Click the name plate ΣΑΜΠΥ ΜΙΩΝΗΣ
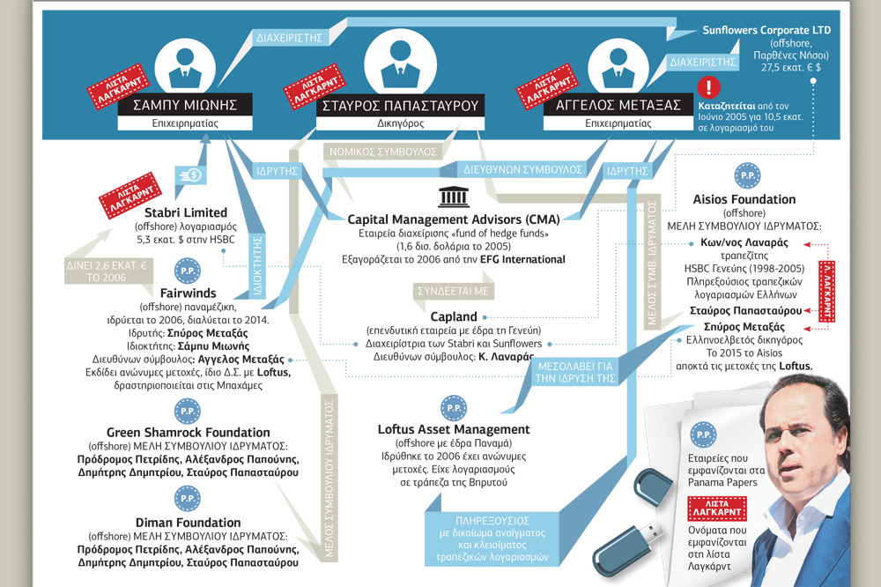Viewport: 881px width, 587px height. tap(185, 105)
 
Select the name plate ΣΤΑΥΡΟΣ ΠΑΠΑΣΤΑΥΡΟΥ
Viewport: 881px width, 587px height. tap(400, 106)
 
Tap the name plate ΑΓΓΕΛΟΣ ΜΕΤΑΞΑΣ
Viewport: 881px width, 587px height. tap(618, 105)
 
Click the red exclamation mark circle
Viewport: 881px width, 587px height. tap(708, 87)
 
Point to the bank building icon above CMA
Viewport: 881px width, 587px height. tap(454, 197)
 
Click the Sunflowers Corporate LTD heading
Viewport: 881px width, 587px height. tap(766, 30)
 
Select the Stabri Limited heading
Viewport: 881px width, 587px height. tap(186, 212)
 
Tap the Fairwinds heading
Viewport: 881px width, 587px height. tap(189, 293)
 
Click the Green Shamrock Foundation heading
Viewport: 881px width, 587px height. tap(189, 433)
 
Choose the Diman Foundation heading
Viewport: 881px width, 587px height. tap(189, 523)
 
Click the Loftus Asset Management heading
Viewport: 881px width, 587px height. tap(454, 429)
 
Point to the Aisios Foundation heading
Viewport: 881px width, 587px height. tap(744, 199)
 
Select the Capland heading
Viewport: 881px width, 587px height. tap(454, 316)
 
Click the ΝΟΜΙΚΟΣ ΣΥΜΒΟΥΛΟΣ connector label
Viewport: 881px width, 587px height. tap(383, 152)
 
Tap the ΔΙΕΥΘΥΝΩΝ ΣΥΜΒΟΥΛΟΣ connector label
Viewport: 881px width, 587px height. tap(522, 169)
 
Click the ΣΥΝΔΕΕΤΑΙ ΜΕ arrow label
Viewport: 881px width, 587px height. tap(454, 291)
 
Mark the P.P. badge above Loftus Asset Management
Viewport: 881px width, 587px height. tap(454, 407)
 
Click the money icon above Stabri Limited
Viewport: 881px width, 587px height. tap(190, 175)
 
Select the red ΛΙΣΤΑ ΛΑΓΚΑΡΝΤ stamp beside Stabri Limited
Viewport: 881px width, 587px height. tap(130, 195)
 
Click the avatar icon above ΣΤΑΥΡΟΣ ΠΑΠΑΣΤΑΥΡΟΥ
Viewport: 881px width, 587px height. tap(400, 63)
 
